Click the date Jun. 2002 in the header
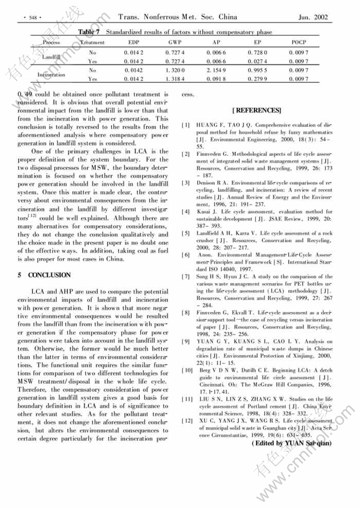[x=313, y=17]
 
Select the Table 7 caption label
[x=91, y=32]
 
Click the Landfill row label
[x=51, y=56]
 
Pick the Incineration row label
[x=51, y=75]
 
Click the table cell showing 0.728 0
[x=257, y=52]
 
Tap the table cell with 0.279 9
[x=257, y=79]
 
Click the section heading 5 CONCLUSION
[x=44, y=275]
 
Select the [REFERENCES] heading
[x=256, y=110]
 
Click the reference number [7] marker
[x=186, y=276]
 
